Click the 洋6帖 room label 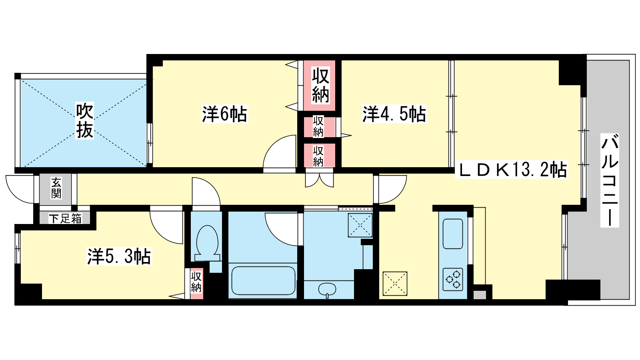point(224,114)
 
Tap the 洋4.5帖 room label point(394,114)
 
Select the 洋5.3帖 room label point(119,256)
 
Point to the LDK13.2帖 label point(512,170)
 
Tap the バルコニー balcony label point(610,180)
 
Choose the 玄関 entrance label point(56,188)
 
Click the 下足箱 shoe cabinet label point(65,218)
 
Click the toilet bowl point(208,243)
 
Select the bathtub point(263,280)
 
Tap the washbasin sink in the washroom point(327,289)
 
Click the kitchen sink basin point(453,234)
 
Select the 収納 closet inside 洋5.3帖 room point(196,284)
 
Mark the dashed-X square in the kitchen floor point(395,284)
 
